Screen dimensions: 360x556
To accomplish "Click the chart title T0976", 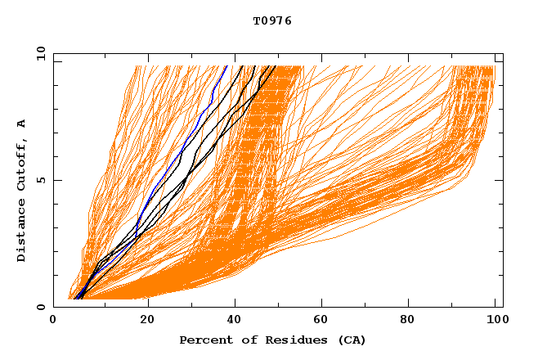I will (x=272, y=21).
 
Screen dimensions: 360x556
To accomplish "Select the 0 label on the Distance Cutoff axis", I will (x=41, y=307).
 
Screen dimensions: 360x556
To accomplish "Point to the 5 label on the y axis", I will (x=41, y=180).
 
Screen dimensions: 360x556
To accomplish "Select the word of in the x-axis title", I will (x=243, y=340).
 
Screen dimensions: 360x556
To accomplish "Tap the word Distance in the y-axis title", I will (x=21, y=232).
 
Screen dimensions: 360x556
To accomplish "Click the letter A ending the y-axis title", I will (x=21, y=123).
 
